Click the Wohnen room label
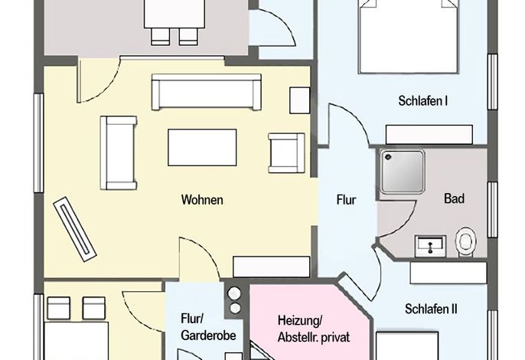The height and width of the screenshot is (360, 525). [202, 200]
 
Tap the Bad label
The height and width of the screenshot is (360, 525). [454, 198]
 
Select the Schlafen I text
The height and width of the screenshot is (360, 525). [423, 100]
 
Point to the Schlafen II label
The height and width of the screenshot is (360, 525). [431, 309]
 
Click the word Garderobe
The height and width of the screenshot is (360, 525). [208, 335]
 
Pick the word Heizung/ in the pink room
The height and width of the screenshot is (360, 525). [300, 320]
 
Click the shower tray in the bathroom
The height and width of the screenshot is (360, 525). [402, 172]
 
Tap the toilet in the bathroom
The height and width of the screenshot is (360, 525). [466, 242]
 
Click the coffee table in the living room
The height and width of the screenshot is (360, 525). [202, 148]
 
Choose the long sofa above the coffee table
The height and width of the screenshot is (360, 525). [207, 92]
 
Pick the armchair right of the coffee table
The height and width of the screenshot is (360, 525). [286, 153]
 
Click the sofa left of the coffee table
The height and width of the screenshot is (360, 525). [119, 153]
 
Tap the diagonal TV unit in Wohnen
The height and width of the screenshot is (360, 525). [75, 229]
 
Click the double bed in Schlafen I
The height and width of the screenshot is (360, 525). [408, 36]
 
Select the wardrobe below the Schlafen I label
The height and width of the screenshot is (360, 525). [429, 134]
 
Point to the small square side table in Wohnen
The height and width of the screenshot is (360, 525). [300, 100]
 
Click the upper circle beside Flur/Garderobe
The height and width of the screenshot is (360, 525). [234, 293]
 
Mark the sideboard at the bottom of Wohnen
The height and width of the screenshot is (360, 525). [271, 267]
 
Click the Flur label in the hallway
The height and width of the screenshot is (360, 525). [346, 200]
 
